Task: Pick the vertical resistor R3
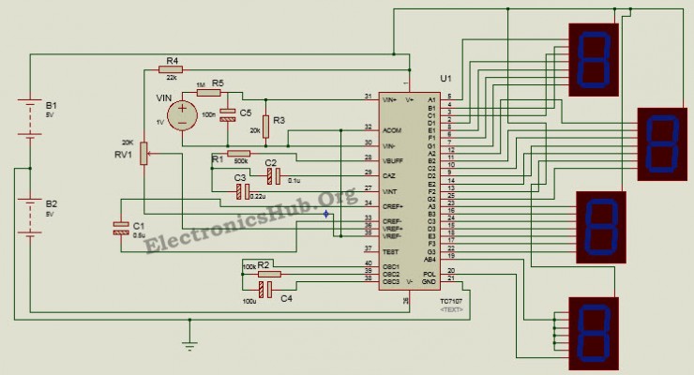pyautogui.click(x=266, y=126)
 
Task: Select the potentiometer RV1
pyautogui.click(x=143, y=154)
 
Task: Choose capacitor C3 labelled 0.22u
pyautogui.click(x=242, y=191)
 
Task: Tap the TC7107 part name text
pyautogui.click(x=451, y=300)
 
